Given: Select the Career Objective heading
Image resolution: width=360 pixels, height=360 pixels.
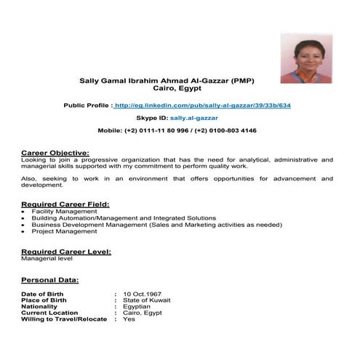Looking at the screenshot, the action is click(x=55, y=152).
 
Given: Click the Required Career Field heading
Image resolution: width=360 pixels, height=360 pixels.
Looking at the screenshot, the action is click(x=65, y=204).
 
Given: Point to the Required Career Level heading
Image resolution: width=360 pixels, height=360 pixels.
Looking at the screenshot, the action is click(x=66, y=251).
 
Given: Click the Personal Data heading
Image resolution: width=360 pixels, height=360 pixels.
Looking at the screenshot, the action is click(x=50, y=279).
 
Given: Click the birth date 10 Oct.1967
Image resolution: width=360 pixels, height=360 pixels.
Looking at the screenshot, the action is click(x=142, y=293).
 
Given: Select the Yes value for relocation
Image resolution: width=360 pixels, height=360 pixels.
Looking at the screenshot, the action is click(x=129, y=319).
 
